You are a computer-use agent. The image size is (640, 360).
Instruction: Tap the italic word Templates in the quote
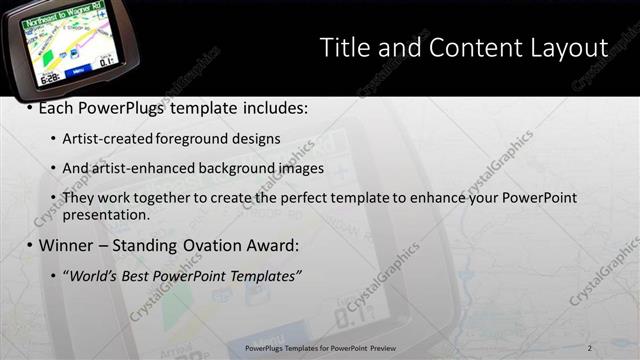[266, 275]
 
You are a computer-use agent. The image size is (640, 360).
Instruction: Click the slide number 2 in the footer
[589, 348]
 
